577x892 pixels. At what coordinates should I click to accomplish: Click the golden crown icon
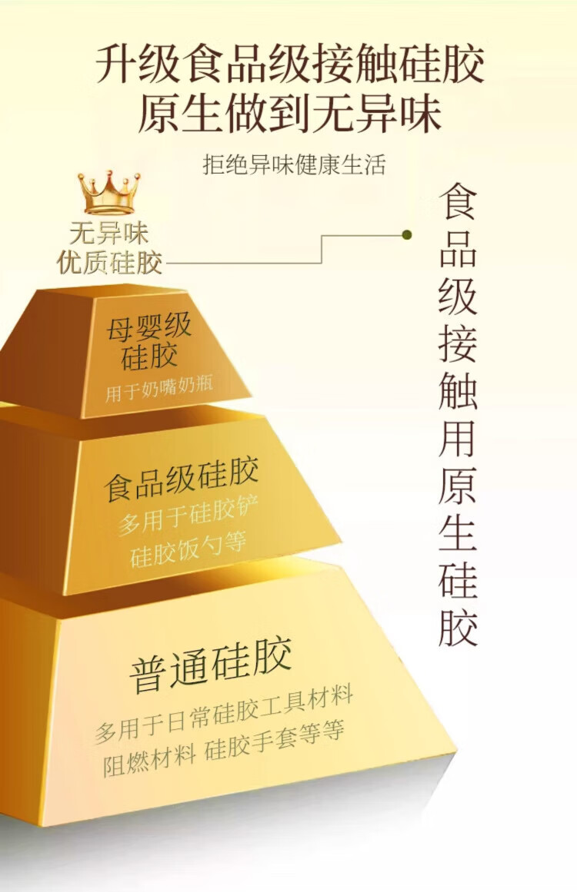click(108, 193)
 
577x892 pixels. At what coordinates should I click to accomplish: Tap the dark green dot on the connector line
click(406, 234)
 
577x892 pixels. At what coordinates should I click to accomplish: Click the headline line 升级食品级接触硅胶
click(289, 65)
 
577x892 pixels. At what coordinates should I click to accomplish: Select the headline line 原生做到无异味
click(289, 114)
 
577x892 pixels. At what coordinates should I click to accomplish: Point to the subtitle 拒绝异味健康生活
click(293, 164)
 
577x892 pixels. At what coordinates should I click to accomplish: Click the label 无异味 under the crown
click(108, 234)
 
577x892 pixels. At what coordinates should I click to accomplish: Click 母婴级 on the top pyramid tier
click(148, 328)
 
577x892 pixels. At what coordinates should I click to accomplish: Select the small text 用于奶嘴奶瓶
click(159, 390)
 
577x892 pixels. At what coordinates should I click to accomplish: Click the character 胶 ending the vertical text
click(459, 625)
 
